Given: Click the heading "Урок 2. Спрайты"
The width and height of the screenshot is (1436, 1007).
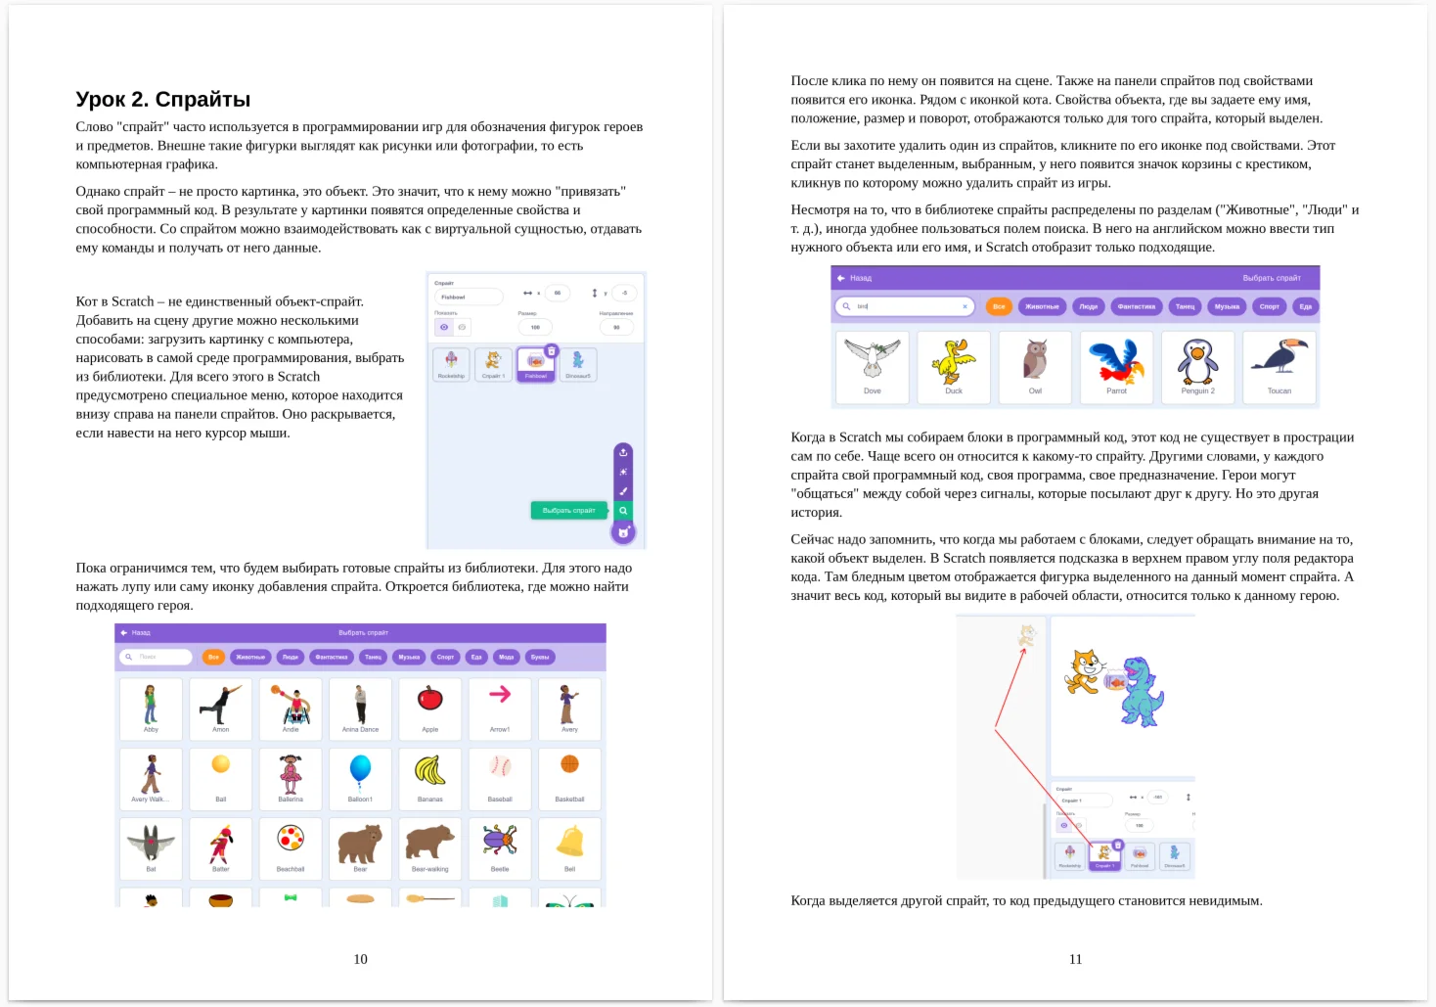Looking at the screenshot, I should pos(163,99).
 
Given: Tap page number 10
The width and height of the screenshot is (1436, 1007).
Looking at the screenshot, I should pos(360,959).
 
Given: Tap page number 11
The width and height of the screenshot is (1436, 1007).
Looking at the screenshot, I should pos(1075,959).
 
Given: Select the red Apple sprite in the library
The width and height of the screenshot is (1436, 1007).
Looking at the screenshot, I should pos(430,701).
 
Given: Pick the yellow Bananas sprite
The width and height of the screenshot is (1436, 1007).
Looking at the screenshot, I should pos(430,771).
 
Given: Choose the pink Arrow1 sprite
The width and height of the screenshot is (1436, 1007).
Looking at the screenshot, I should pos(500,697).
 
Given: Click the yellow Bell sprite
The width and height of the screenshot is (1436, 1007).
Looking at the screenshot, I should pos(570,842).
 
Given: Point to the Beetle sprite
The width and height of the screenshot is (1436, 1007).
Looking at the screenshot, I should pos(500,841).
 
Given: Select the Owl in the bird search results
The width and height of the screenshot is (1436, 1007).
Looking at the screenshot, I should pos(1035,361).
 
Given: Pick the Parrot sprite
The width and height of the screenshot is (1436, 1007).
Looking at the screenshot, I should pos(1116,361).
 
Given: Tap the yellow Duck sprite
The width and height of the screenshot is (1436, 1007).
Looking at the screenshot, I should pos(954,361).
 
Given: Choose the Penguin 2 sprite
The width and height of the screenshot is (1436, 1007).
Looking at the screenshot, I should pos(1197,361).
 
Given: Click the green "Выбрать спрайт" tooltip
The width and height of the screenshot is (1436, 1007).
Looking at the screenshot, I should pos(569,510).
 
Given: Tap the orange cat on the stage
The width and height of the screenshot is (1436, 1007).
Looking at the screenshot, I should pos(1083,672).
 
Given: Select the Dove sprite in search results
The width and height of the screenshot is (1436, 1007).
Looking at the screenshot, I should pos(872,359).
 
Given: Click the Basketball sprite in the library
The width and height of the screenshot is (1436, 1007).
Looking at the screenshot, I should pos(570,766).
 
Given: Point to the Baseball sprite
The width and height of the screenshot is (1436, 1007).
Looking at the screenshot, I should pos(500,767).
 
